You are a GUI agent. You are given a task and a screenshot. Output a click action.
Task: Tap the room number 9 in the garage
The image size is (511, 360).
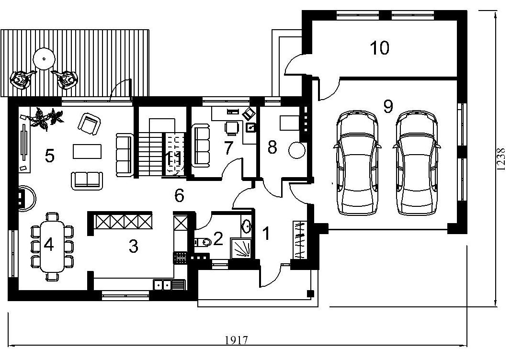click(388, 107)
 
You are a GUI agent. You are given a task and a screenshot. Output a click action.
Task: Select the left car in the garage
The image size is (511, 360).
click(357, 163)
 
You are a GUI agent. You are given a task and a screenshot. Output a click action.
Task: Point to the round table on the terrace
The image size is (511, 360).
click(44, 59)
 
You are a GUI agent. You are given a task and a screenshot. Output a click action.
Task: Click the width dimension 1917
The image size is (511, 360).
click(237, 340)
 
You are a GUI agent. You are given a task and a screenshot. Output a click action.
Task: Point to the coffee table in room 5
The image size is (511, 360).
click(87, 151)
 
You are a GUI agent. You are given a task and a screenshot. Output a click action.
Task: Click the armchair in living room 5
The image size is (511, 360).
click(89, 124)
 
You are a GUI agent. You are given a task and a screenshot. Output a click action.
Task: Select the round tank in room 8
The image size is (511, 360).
click(297, 150)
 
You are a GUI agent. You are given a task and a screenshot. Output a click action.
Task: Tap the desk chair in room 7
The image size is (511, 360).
click(232, 128)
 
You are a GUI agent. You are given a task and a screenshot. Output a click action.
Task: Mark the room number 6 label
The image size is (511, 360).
click(180, 195)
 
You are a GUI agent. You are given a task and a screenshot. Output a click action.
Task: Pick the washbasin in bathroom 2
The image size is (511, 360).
click(246, 226)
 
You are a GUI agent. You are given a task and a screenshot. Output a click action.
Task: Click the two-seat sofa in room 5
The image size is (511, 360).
click(87, 180)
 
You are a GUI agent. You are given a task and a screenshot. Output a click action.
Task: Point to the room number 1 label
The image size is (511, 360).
click(267, 234)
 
